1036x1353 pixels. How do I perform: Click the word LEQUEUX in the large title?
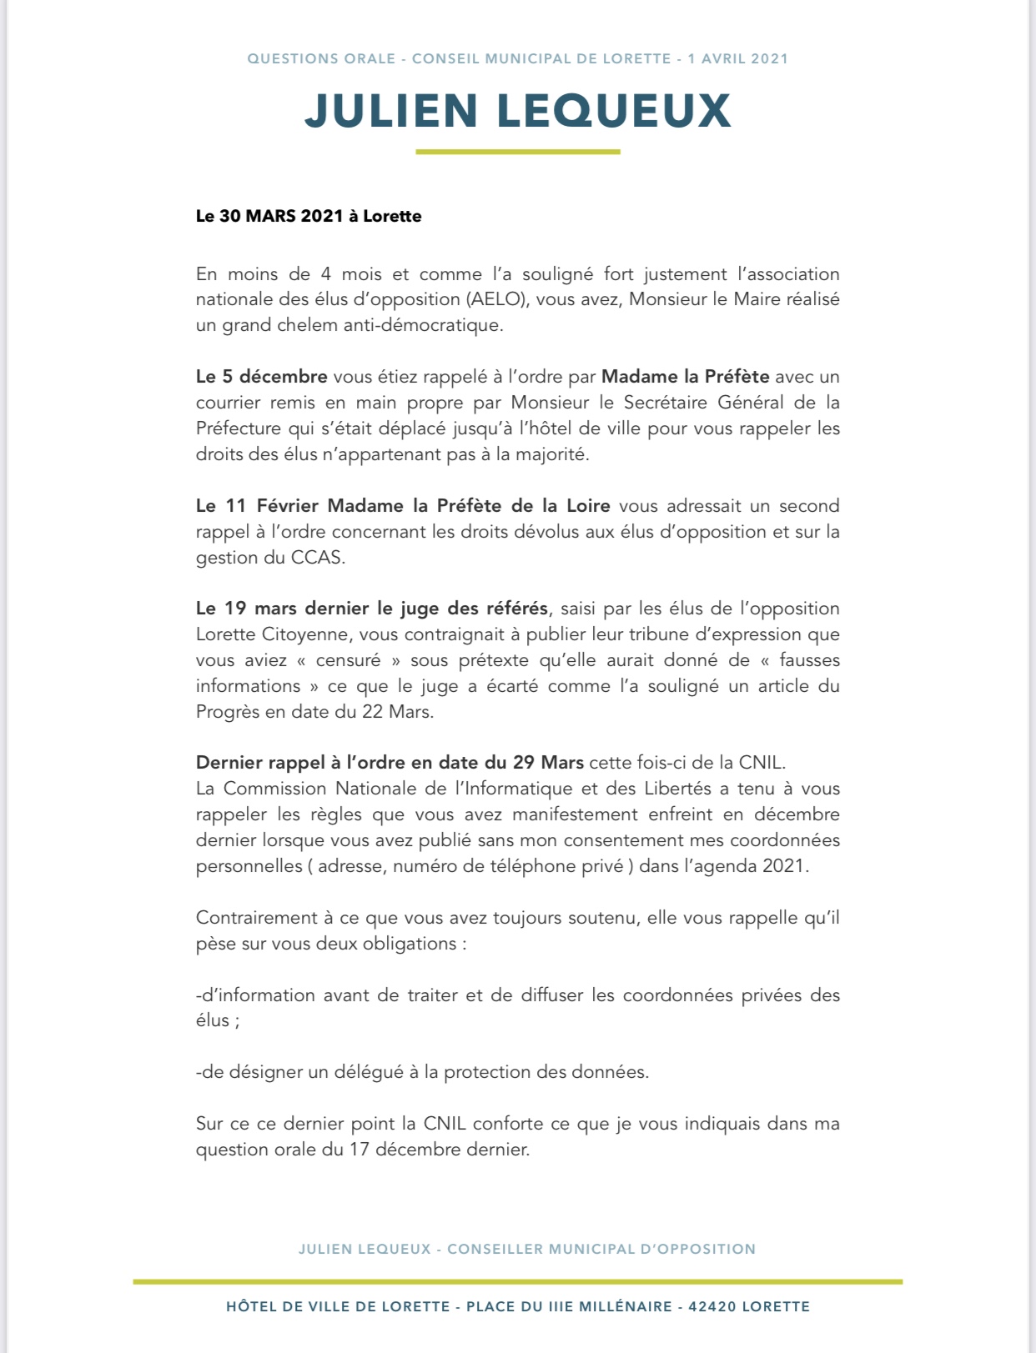click(x=614, y=111)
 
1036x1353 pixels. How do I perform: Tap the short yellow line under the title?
click(x=517, y=152)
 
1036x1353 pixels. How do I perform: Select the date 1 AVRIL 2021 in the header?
click(x=737, y=58)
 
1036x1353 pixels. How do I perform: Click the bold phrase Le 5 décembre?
click(x=261, y=377)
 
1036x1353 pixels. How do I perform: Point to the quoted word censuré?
click(x=348, y=660)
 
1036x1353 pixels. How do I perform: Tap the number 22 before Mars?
click(x=372, y=712)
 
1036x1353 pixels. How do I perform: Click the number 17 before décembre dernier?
click(x=359, y=1150)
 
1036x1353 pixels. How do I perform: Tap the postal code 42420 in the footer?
click(x=712, y=1306)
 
